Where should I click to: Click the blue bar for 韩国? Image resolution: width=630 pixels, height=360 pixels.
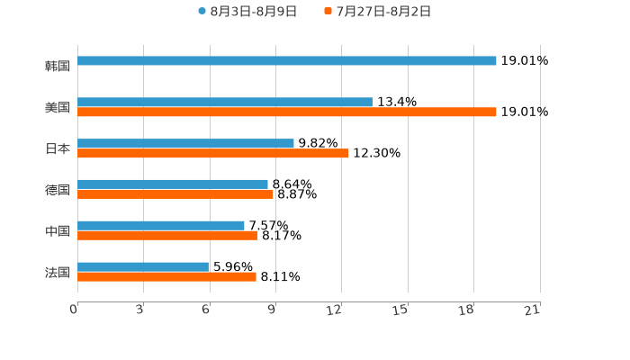click(x=286, y=61)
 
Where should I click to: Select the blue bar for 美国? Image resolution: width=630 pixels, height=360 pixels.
click(x=225, y=103)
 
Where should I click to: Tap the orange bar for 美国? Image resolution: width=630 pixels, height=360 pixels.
click(x=286, y=112)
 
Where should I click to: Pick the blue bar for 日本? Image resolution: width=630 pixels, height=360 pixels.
click(x=185, y=144)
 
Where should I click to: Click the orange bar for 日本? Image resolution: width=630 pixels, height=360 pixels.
click(x=212, y=154)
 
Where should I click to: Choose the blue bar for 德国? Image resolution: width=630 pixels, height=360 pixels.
click(x=173, y=184)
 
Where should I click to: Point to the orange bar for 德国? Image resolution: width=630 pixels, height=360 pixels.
click(x=175, y=194)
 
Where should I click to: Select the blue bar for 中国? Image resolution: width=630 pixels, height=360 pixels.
click(x=161, y=226)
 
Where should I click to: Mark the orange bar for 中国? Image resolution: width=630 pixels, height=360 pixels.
click(x=167, y=236)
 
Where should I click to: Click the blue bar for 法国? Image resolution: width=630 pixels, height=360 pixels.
click(x=143, y=267)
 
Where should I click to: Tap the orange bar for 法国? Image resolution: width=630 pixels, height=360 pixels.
click(x=166, y=277)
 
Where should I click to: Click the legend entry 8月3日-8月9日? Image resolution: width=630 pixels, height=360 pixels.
click(x=247, y=12)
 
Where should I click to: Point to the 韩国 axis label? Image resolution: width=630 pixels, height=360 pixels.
click(x=58, y=67)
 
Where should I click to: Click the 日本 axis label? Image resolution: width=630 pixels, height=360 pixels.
click(x=58, y=149)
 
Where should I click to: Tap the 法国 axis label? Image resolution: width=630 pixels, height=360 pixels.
click(x=58, y=273)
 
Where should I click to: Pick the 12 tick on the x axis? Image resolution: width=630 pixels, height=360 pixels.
click(x=335, y=310)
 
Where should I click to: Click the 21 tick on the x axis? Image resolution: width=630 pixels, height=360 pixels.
click(x=532, y=310)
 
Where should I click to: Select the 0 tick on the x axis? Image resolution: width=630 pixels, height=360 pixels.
click(x=74, y=310)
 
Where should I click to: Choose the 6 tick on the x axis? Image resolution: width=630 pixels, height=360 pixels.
click(x=206, y=310)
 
